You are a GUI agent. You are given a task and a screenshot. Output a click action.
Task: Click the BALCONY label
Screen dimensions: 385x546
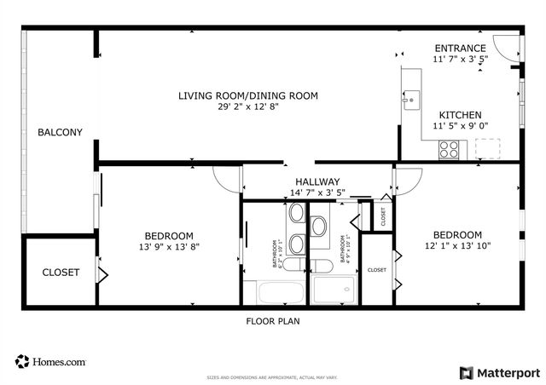pos(60,132)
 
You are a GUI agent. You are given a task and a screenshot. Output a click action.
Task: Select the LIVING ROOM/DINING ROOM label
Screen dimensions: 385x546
pos(248,96)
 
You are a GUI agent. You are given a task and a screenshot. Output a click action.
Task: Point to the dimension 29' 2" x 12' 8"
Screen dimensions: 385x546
pos(248,107)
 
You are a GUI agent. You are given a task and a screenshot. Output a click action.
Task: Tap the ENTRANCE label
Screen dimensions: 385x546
pos(460,49)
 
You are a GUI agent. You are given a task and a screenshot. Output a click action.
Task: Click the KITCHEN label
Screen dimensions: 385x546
pos(460,115)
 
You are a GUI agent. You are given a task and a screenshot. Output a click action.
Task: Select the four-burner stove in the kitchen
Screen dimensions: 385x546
pos(449,149)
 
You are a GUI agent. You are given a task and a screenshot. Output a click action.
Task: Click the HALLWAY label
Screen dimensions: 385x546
pos(317,181)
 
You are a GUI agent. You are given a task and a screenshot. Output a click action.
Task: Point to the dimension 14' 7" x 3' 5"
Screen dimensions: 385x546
pos(317,192)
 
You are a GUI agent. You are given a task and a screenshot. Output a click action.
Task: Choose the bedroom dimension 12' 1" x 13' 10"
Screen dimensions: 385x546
pos(457,246)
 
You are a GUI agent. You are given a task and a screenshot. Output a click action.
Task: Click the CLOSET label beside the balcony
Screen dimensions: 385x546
pos(61,273)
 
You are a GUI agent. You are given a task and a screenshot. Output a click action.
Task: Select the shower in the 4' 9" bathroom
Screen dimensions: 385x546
pos(334,291)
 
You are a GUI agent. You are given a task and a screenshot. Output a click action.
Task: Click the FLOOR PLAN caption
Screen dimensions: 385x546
pos(273,321)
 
